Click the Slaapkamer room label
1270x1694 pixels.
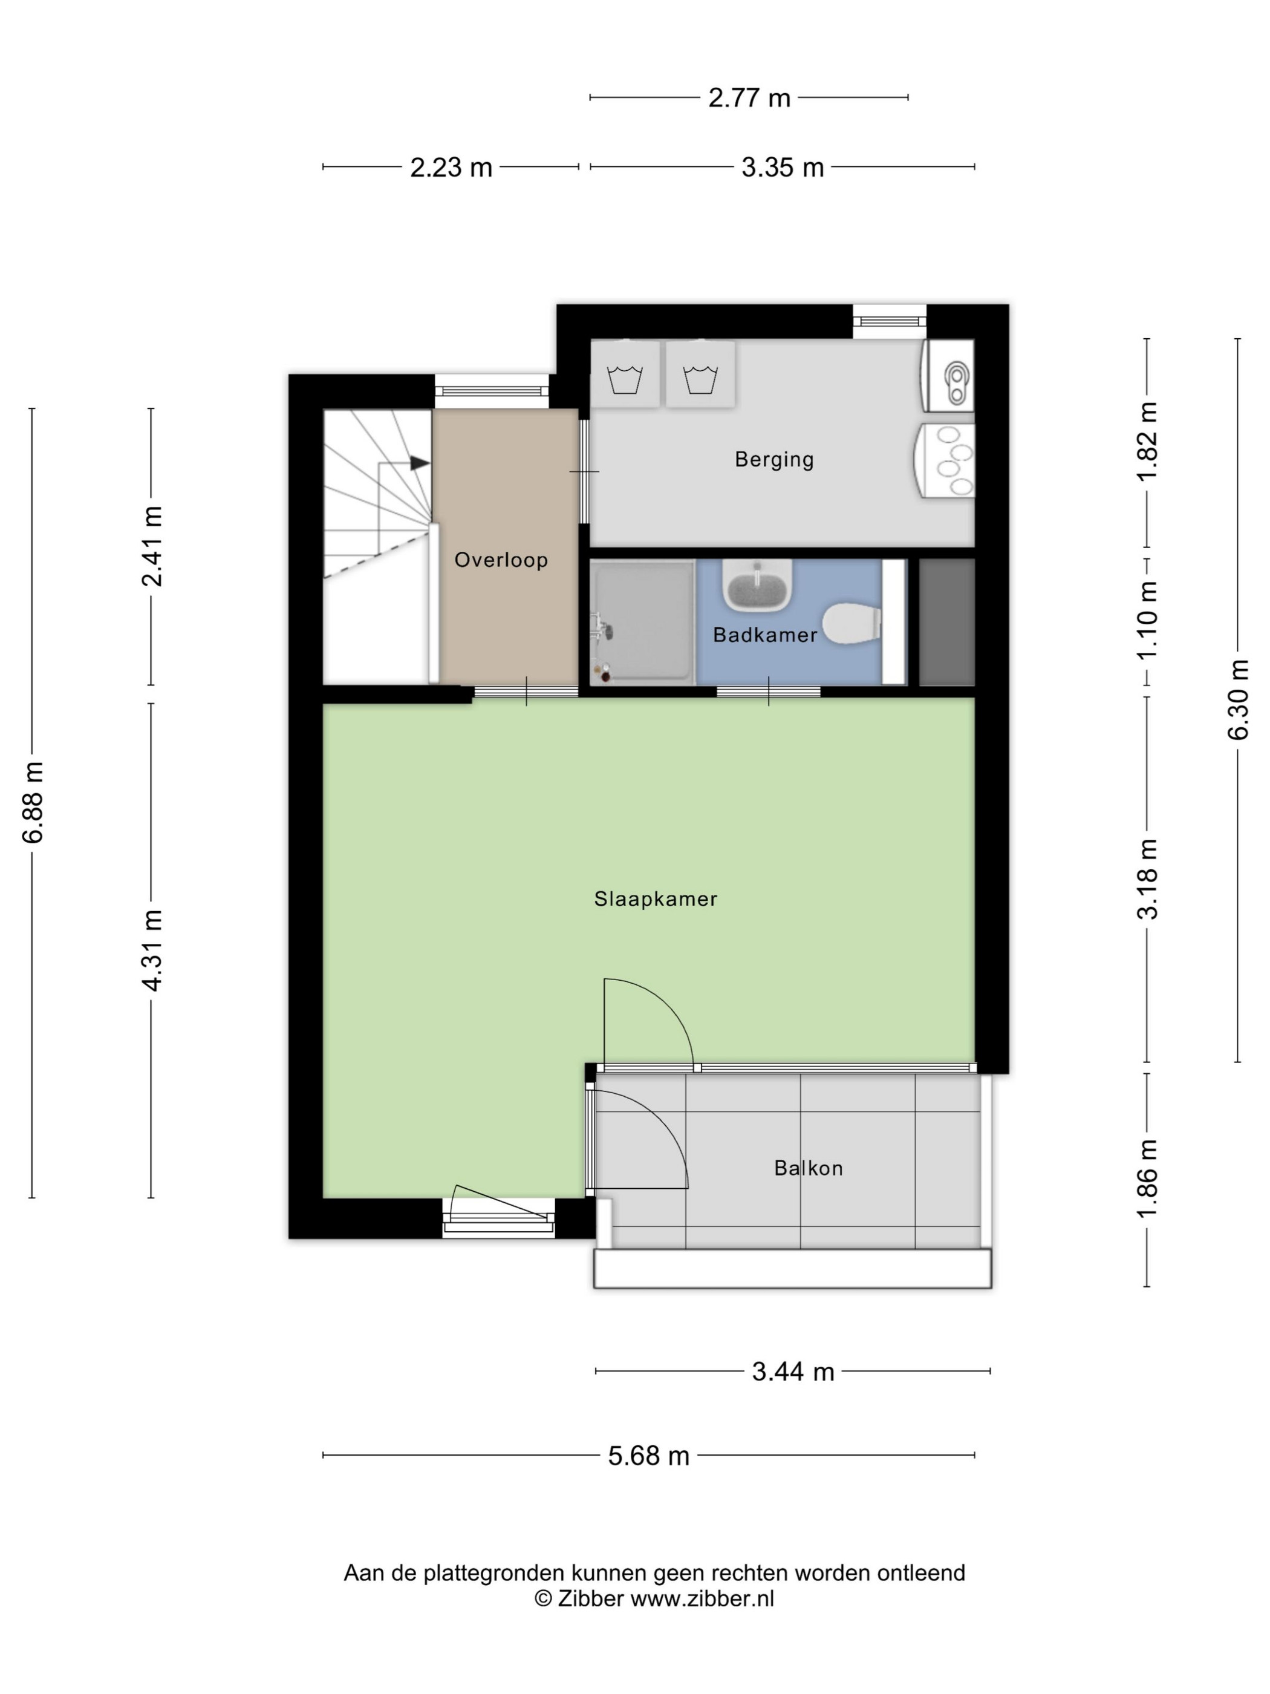point(656,899)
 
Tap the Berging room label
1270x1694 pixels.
point(774,459)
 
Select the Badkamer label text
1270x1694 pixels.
point(765,634)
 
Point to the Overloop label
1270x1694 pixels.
point(501,560)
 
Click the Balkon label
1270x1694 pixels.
point(809,1168)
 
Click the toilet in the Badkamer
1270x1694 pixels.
point(852,623)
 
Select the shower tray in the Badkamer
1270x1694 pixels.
point(642,622)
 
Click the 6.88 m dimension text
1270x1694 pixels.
point(34,802)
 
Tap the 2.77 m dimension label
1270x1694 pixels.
point(749,98)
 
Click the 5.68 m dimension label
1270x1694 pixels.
point(648,1455)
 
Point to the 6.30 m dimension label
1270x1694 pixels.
point(1238,699)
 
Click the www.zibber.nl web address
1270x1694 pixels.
point(702,1598)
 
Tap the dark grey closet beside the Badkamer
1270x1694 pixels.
point(946,622)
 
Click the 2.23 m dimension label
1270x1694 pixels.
point(451,167)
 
